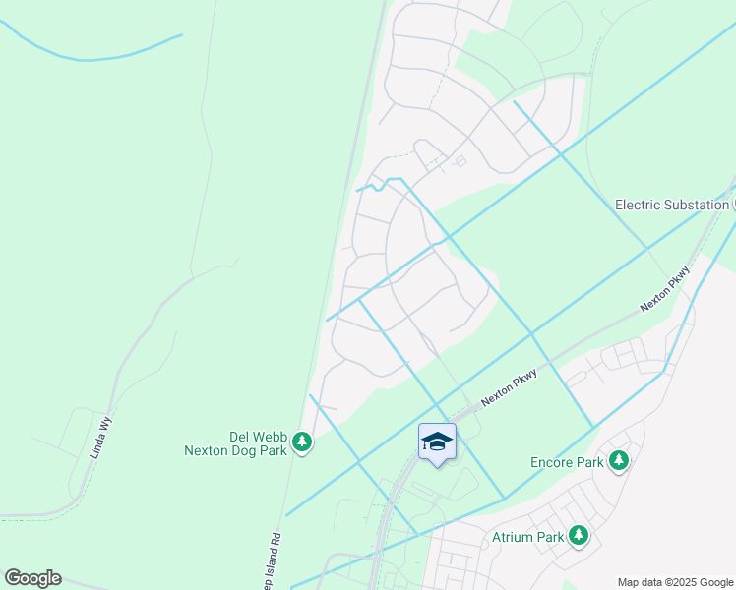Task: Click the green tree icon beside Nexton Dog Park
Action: coord(303,443)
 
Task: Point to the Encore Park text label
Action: coord(566,461)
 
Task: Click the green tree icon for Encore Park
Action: coord(618,460)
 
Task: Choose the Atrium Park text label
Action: coord(527,537)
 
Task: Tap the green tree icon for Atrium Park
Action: coord(580,536)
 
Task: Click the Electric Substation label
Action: coord(672,205)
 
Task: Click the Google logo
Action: coord(32,578)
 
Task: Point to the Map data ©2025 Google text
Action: coord(674,582)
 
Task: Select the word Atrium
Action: coord(513,537)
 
